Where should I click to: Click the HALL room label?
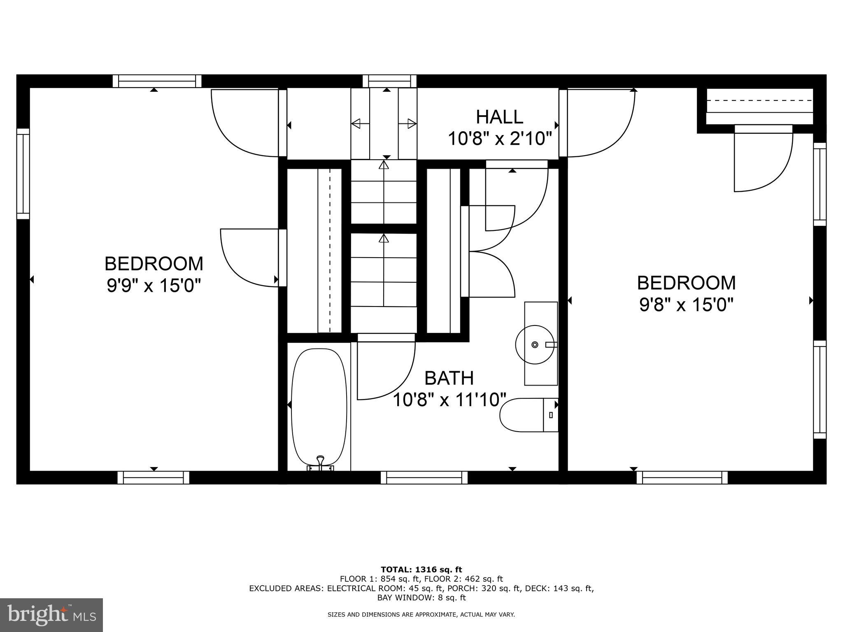499,117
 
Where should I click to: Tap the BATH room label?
449,378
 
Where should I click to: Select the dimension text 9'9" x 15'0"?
154,286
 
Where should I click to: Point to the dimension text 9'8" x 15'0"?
686,305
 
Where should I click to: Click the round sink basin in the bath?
534,345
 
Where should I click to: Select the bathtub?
319,407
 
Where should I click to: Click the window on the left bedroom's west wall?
23,174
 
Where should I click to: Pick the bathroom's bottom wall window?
424,477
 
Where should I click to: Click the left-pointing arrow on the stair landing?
355,123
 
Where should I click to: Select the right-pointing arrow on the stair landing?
412,123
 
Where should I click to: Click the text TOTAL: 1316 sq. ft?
421,569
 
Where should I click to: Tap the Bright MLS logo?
51,615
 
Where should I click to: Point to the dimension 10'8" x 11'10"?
449,400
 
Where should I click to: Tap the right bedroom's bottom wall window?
682,477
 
